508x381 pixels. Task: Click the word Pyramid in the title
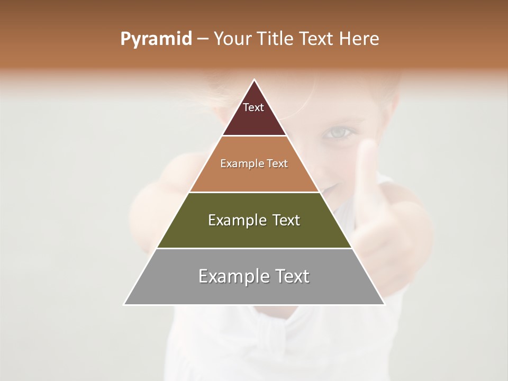(156, 39)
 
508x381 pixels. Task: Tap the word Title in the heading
(279, 39)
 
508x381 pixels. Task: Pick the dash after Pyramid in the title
(202, 39)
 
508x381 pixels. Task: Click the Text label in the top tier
(253, 107)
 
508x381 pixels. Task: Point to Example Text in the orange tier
(254, 164)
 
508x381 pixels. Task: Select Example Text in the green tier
(254, 220)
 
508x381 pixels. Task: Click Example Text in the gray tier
(254, 276)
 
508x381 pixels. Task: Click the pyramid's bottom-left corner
(124, 304)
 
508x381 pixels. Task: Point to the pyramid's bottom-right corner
(384, 304)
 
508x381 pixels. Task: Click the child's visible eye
(334, 132)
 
